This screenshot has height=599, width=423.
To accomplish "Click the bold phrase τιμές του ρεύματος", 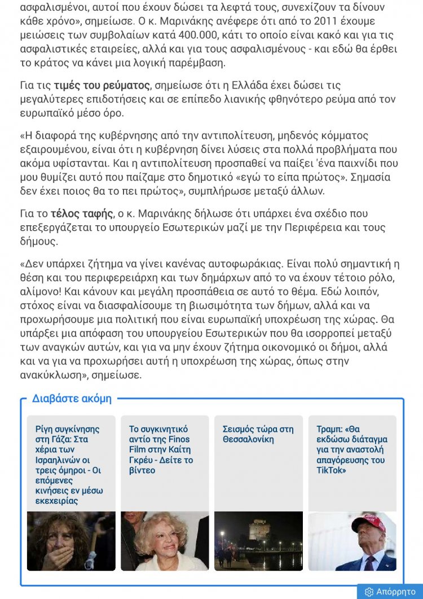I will [102, 86].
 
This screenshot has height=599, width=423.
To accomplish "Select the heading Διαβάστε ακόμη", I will [72, 399].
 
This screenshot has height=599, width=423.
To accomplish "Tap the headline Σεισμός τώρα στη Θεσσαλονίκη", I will [258, 434].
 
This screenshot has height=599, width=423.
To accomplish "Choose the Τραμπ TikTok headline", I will [351, 449].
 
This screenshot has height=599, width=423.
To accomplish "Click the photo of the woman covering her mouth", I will [71, 541].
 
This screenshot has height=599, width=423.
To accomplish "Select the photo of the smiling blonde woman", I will [165, 541].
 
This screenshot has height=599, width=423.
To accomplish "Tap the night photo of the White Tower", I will [258, 541].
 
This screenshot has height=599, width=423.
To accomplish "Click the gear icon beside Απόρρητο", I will [369, 592].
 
